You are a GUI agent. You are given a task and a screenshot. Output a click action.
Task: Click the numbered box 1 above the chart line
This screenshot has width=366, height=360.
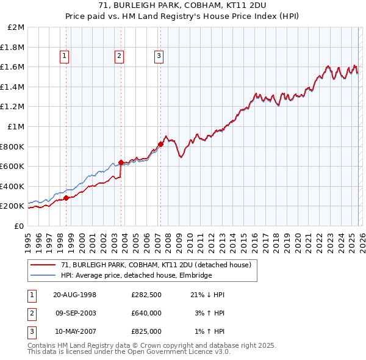(x=65, y=57)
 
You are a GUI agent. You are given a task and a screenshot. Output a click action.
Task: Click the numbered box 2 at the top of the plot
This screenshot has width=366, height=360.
(x=119, y=57)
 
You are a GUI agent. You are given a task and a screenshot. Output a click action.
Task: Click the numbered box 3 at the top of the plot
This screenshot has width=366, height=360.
(x=159, y=57)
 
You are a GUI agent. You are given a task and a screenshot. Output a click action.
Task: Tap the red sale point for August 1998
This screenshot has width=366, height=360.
(x=66, y=198)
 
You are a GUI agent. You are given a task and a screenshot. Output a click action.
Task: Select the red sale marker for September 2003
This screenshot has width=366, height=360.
(x=121, y=162)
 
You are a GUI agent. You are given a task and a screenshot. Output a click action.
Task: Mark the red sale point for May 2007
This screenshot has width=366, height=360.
(x=160, y=144)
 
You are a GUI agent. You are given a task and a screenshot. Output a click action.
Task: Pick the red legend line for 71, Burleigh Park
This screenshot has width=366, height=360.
(x=43, y=265)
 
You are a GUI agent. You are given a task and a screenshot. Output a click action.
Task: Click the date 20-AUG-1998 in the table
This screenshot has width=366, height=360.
(x=75, y=295)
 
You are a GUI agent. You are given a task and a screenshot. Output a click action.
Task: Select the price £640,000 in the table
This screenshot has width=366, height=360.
(x=146, y=313)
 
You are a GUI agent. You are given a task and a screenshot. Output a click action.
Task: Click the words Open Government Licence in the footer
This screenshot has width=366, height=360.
(x=163, y=351)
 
